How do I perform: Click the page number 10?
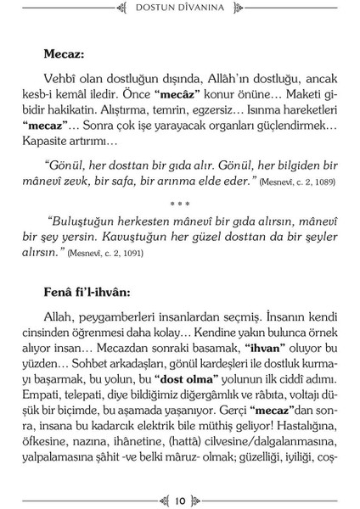click(x=179, y=499)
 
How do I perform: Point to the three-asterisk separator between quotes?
click(x=180, y=204)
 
